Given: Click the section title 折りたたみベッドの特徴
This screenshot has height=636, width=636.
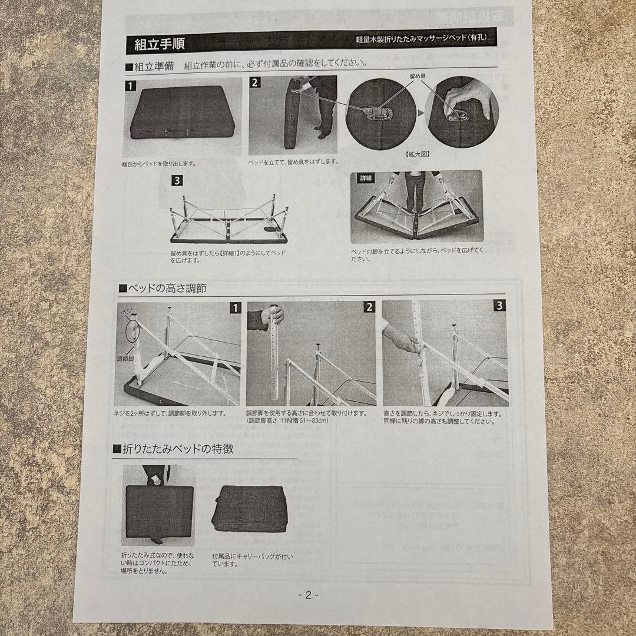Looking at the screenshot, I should point(177,449).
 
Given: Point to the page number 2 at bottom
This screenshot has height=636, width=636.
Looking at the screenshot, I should point(309,595).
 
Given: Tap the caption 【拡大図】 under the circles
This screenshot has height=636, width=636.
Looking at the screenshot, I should point(417,153).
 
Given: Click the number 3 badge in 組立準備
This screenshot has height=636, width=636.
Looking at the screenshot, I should point(177,181).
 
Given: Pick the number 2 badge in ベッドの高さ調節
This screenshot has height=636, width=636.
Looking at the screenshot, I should point(369,306).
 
